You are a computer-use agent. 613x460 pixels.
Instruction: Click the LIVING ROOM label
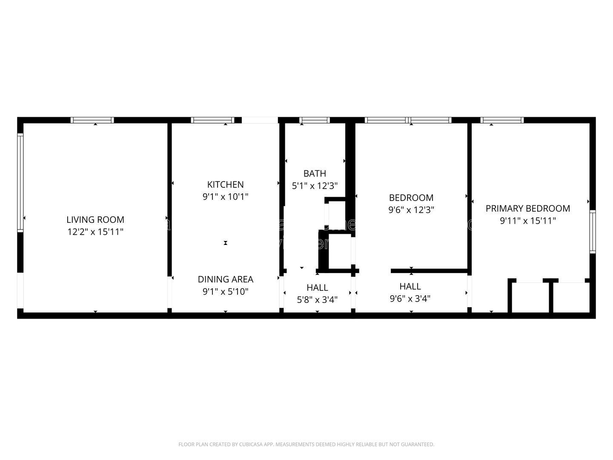coord(95,220)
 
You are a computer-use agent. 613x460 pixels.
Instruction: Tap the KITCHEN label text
coord(225,184)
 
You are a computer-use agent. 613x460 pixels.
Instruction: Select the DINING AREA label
coord(225,279)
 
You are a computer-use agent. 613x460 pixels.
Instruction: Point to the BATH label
coord(315,173)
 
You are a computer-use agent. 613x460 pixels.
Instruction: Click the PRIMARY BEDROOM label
coord(527,208)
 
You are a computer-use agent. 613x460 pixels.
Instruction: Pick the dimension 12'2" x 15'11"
coord(95,232)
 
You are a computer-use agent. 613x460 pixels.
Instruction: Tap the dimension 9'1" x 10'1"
coord(225,197)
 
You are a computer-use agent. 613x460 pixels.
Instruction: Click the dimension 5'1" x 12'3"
coord(315,186)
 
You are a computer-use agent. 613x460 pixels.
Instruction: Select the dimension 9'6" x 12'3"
coord(411,210)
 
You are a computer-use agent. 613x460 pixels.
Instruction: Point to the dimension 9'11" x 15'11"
coord(527,221)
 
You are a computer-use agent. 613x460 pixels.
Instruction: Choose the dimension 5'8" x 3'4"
coord(317,300)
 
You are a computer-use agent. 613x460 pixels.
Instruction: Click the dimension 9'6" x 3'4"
coord(410,299)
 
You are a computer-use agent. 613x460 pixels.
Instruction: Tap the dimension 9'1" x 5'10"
coord(225,292)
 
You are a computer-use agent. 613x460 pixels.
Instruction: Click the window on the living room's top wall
coord(92,120)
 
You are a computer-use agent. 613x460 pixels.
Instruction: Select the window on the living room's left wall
coord(20,183)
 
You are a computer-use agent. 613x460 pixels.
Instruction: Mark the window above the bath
coord(315,120)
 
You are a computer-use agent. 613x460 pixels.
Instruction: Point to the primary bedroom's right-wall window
coord(592,232)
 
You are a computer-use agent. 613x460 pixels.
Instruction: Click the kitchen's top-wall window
coord(212,120)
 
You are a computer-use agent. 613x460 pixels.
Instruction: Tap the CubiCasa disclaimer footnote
coord(306,445)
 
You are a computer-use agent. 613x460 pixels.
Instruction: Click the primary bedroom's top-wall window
coord(502,120)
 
